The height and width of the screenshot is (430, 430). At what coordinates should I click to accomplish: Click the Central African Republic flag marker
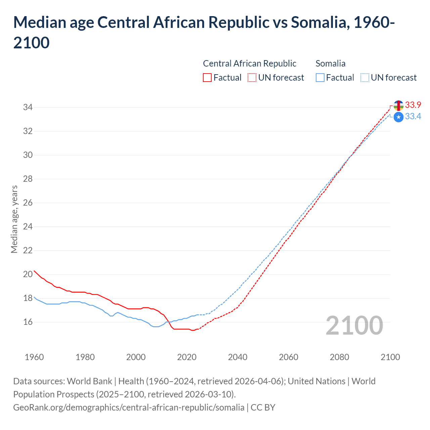point(398,105)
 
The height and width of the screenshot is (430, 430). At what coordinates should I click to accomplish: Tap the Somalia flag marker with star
point(398,117)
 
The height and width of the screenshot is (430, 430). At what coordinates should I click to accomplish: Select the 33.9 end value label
point(413,105)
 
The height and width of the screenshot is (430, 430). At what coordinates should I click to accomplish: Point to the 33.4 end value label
point(413,117)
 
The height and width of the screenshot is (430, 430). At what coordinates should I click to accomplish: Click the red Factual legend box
point(207,78)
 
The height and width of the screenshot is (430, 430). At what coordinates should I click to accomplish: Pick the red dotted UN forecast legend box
point(252,78)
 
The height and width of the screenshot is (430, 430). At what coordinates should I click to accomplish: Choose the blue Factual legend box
point(320,78)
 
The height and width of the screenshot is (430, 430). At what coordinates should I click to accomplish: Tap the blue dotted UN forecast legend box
point(365,78)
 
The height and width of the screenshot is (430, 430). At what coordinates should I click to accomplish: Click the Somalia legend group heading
point(331,63)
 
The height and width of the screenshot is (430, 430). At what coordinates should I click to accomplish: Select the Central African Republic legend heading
point(250,63)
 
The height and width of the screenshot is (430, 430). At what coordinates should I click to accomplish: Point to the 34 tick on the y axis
point(28,107)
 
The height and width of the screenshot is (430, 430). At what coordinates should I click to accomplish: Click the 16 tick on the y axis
point(28,322)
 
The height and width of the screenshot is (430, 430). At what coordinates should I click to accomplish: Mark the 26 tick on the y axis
point(28,203)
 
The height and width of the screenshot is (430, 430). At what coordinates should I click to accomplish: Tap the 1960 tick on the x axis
point(34,357)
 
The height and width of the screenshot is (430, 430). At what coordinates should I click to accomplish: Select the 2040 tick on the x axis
point(238,357)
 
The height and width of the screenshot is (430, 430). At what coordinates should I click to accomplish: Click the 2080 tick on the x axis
point(339,357)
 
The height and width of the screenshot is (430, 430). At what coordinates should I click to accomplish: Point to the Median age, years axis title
point(14,219)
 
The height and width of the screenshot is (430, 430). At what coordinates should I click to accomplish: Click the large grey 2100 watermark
point(354,326)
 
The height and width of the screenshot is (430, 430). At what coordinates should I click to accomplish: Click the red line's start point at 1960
point(34,271)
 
